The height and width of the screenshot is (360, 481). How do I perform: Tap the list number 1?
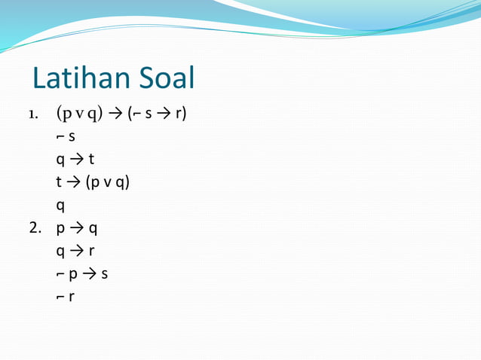click(x=33, y=116)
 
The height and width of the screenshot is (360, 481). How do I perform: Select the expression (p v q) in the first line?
click(x=80, y=114)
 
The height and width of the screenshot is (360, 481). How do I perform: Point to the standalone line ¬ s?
click(x=66, y=137)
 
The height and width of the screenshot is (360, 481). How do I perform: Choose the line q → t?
click(x=75, y=160)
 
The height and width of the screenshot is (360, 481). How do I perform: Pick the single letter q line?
click(x=60, y=206)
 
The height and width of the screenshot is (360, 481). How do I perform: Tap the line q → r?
click(x=75, y=250)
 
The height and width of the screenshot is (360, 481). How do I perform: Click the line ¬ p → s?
click(x=81, y=273)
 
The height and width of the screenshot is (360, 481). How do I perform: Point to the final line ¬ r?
click(x=66, y=295)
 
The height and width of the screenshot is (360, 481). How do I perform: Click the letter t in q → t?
click(x=91, y=160)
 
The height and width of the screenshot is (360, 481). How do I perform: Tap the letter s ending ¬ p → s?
click(x=104, y=273)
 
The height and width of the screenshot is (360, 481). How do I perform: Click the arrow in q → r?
click(x=76, y=250)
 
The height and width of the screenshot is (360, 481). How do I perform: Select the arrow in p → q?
click(x=77, y=227)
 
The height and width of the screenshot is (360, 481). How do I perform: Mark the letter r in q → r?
click(x=91, y=250)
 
